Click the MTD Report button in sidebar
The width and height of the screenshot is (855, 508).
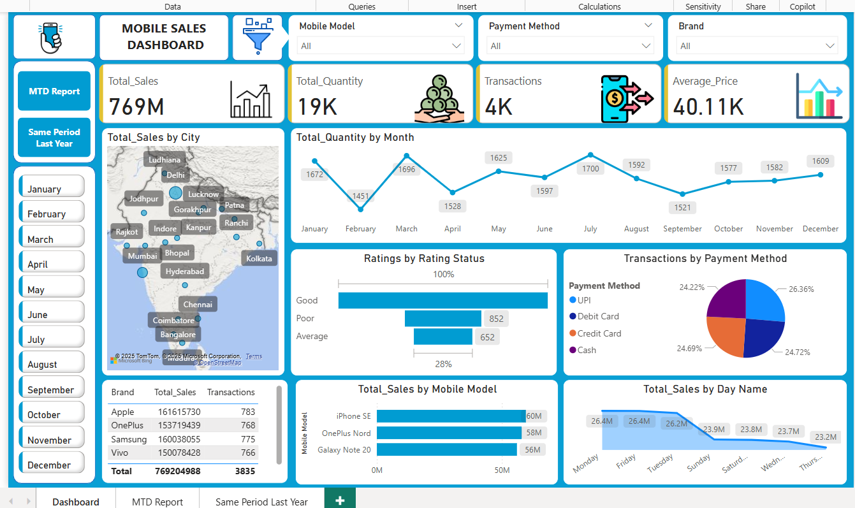click(54, 91)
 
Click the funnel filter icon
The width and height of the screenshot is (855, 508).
click(257, 36)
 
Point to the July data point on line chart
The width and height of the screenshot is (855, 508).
click(590, 155)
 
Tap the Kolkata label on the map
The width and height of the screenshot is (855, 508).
click(259, 258)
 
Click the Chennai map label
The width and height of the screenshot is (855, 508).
click(198, 304)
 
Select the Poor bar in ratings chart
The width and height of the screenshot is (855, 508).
click(442, 318)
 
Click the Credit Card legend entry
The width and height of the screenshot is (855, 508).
click(599, 333)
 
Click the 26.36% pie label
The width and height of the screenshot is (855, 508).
click(801, 289)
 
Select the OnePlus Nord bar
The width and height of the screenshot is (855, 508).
click(449, 433)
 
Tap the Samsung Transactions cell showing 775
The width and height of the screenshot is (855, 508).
click(248, 439)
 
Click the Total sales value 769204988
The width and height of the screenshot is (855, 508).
click(177, 471)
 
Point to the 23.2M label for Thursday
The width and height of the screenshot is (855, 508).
click(826, 437)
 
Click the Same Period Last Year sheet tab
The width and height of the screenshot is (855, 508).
click(261, 502)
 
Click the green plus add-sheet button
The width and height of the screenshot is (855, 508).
click(340, 500)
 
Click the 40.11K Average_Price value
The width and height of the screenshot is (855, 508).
click(708, 106)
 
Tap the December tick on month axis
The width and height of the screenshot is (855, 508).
click(820, 229)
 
